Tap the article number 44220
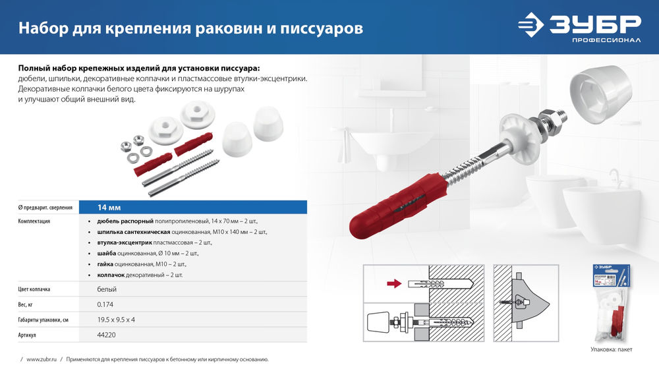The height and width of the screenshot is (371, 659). click(x=107, y=335)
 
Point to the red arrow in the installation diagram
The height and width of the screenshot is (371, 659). click(x=393, y=284)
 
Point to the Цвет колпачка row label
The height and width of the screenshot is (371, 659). click(x=34, y=289)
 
